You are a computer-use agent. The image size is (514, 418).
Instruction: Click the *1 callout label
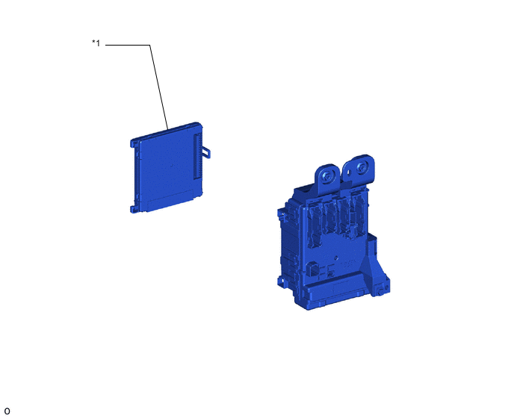pyautogui.click(x=96, y=43)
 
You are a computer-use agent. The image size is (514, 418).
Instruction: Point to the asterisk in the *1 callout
pyautogui.click(x=93, y=42)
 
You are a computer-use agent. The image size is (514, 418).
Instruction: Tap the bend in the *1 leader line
pyautogui.click(x=150, y=45)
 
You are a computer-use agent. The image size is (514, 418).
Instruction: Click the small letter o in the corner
pyautogui.click(x=7, y=411)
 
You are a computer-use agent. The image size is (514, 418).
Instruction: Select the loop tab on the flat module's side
pyautogui.click(x=206, y=152)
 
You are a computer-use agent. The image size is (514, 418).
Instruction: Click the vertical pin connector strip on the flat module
pyautogui.click(x=197, y=155)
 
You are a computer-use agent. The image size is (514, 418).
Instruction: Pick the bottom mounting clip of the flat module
pyautogui.click(x=134, y=209)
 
